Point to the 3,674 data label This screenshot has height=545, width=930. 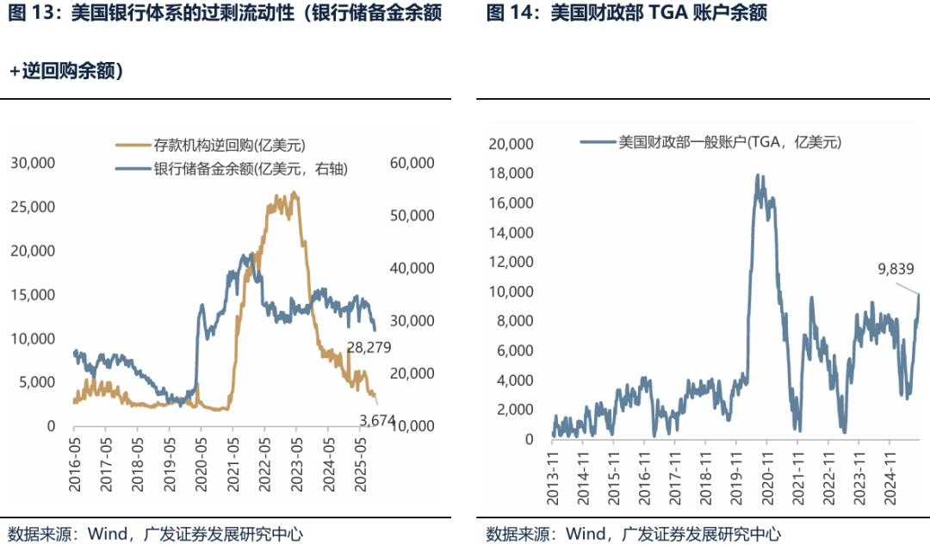pyautogui.click(x=376, y=419)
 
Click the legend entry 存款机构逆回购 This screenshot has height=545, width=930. pyautogui.click(x=229, y=146)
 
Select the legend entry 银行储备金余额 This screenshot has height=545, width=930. pyautogui.click(x=250, y=169)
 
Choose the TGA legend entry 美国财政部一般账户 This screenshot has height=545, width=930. pyautogui.click(x=728, y=142)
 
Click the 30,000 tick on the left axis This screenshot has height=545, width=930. pyautogui.click(x=33, y=163)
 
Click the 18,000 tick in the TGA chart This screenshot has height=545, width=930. pyautogui.click(x=511, y=174)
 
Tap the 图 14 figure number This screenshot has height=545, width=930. pyautogui.click(x=510, y=12)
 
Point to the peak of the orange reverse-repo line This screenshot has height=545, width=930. pyautogui.click(x=294, y=193)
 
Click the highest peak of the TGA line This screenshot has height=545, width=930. pyautogui.click(x=757, y=175)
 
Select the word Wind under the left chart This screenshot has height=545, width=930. pyautogui.click(x=106, y=533)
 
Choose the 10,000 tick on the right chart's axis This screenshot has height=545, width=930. pyautogui.click(x=511, y=292)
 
